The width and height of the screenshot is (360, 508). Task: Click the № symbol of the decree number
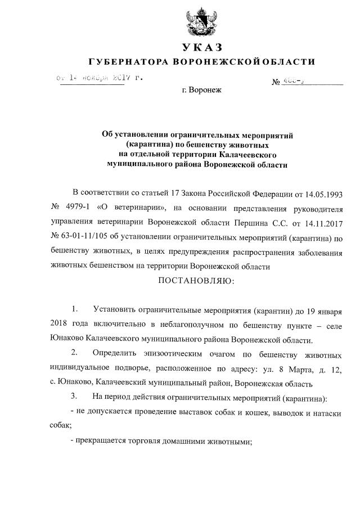pyautogui.click(x=276, y=82)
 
